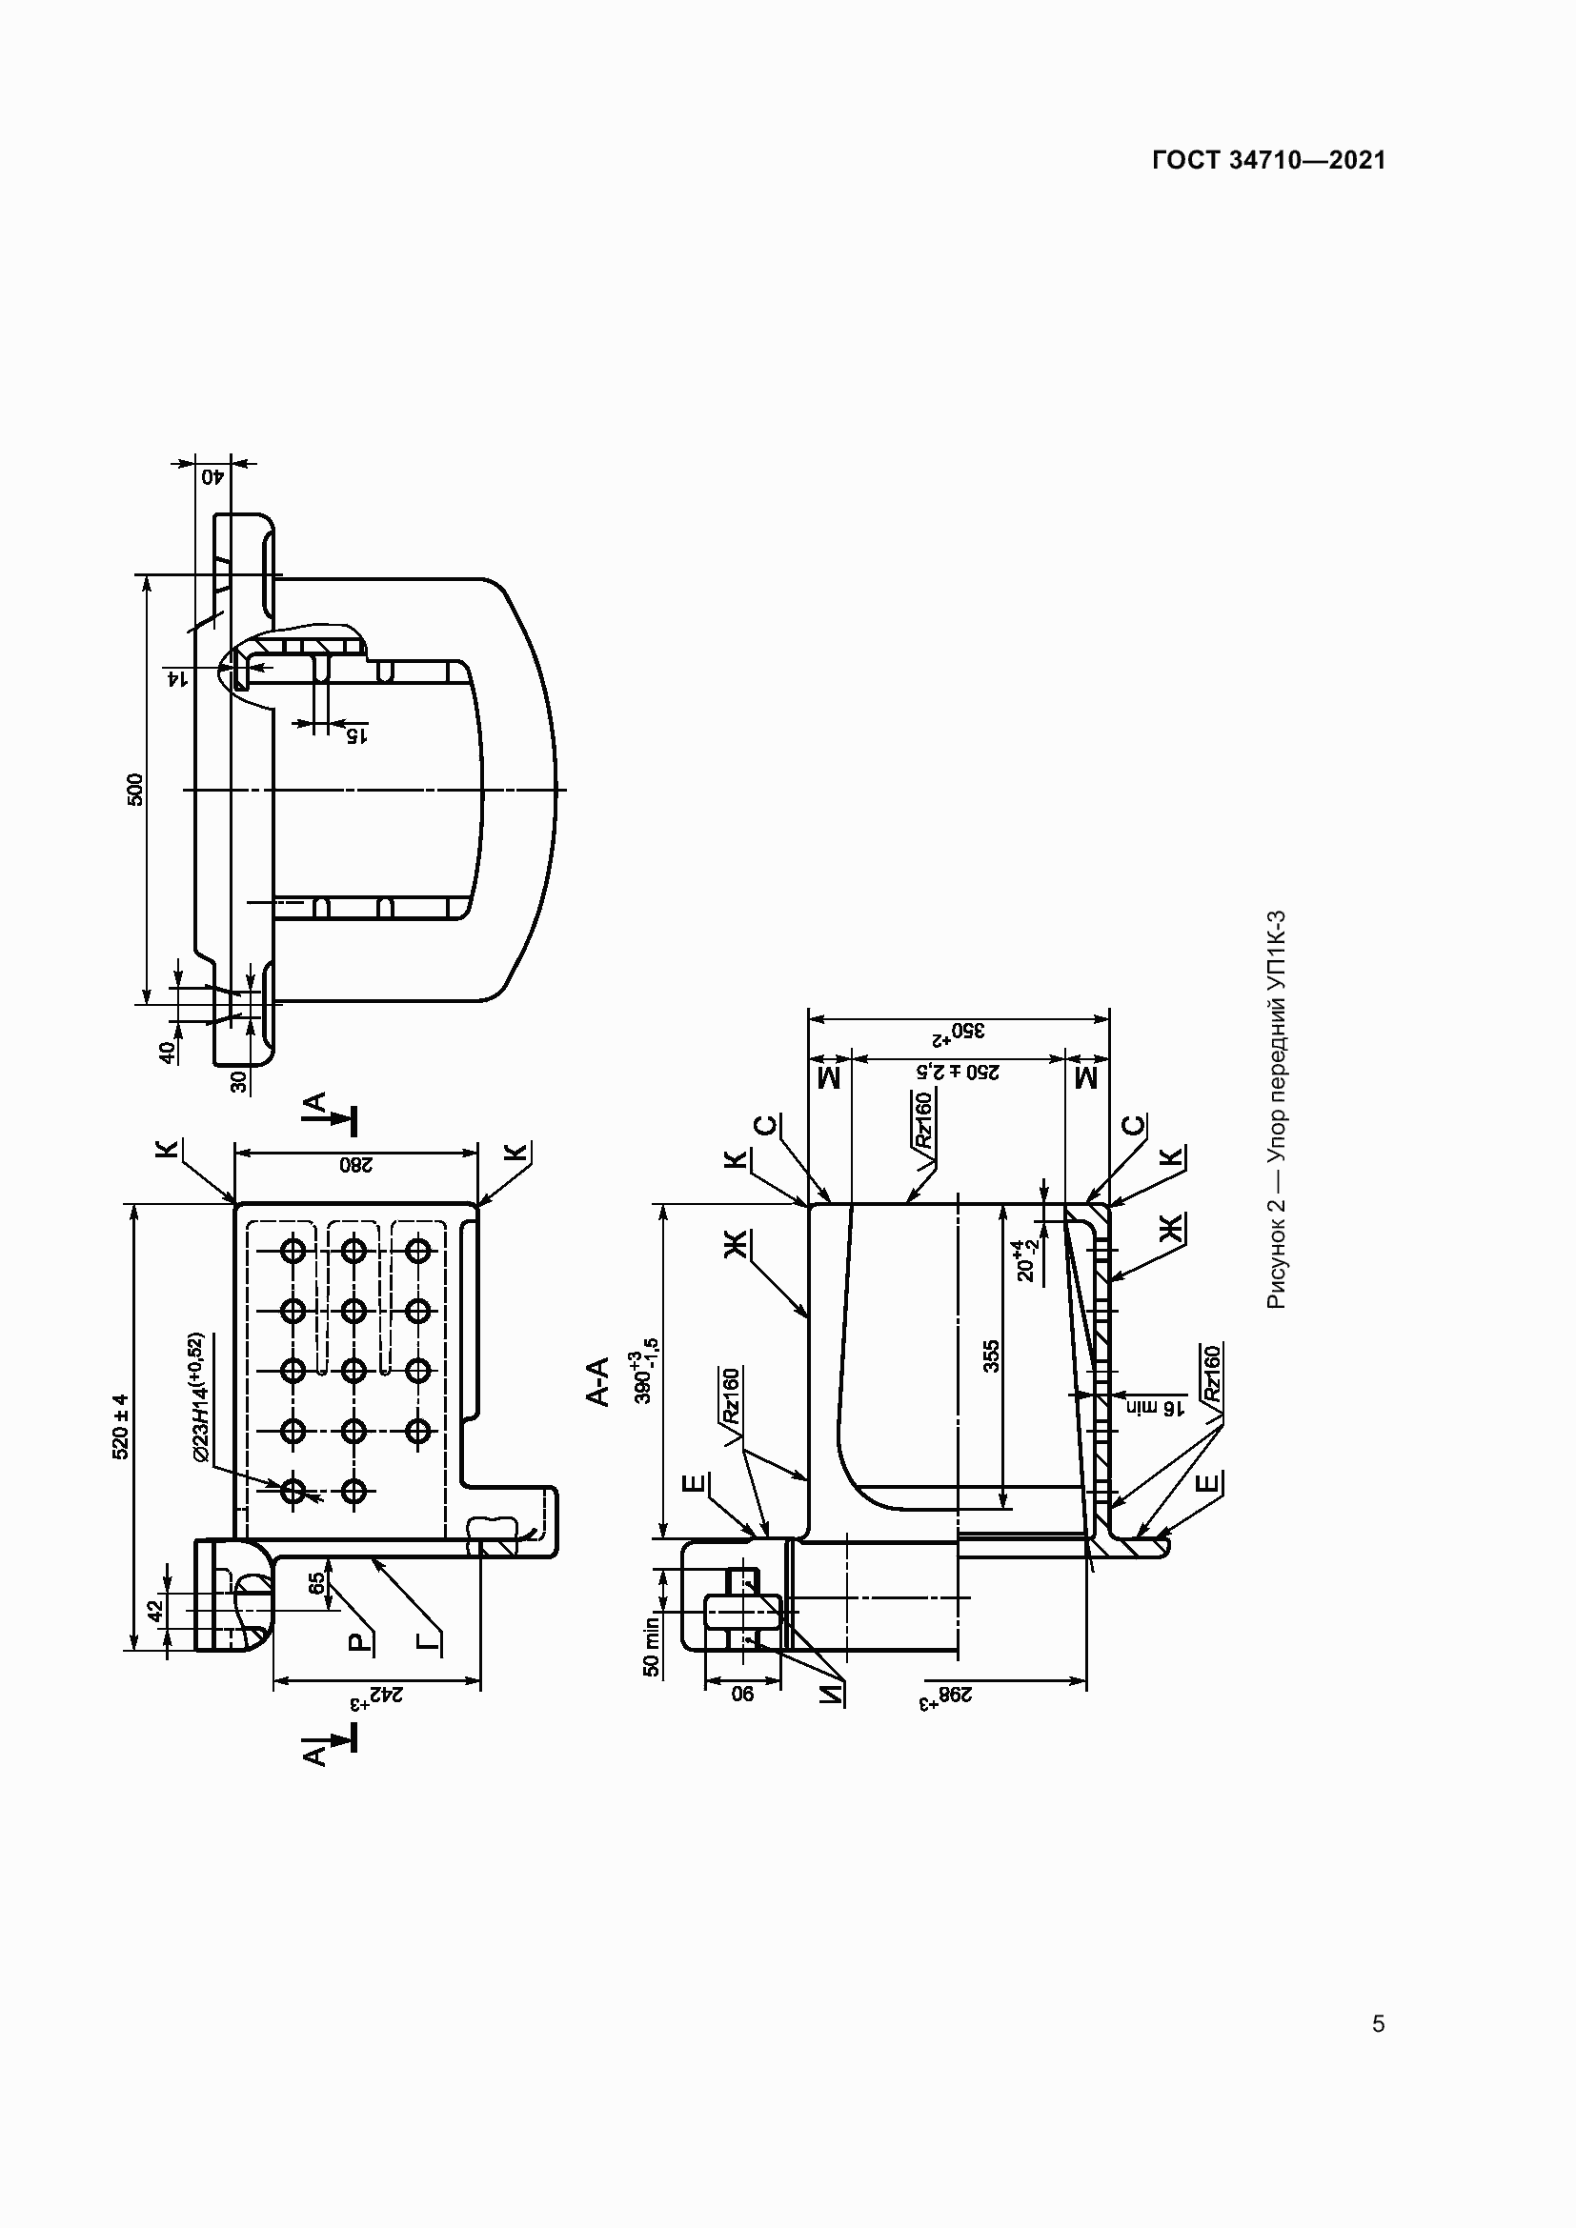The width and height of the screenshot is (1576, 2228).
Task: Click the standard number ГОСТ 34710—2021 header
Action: pyautogui.click(x=1268, y=161)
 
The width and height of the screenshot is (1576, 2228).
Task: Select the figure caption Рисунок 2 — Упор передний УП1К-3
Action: pyautogui.click(x=1276, y=1108)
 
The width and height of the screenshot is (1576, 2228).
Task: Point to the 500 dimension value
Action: pyautogui.click(x=136, y=789)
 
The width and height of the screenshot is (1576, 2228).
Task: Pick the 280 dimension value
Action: pyautogui.click(x=355, y=1164)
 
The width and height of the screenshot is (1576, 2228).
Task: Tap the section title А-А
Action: pyautogui.click(x=597, y=1382)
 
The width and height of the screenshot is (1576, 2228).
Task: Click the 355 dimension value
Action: pyautogui.click(x=991, y=1355)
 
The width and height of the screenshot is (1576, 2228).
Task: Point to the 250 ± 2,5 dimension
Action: pyautogui.click(x=959, y=1073)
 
